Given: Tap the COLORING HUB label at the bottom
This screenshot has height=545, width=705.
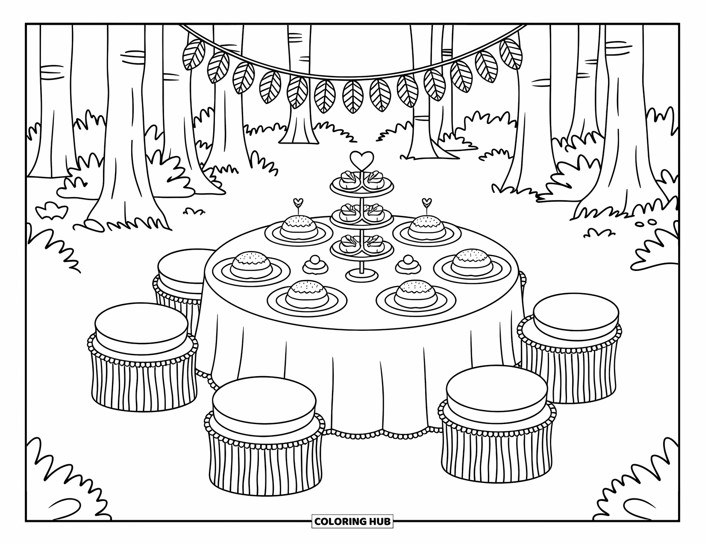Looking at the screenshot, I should click(352, 521).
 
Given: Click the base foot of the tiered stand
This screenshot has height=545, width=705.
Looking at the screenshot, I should click(361, 276).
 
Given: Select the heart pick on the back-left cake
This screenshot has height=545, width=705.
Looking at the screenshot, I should click(298, 202).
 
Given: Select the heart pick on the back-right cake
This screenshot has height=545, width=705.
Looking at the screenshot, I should click(426, 202).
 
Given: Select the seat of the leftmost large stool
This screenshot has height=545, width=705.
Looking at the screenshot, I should click(141, 326).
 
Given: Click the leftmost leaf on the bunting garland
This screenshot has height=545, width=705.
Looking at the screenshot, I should click(192, 54).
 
